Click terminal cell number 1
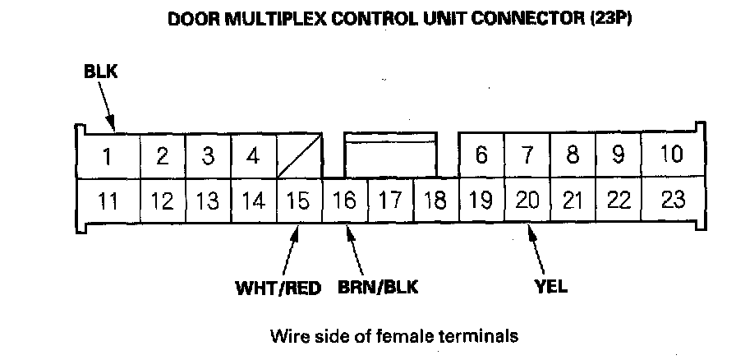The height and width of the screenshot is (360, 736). coord(108,155)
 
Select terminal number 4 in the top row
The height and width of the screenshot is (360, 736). coord(253,155)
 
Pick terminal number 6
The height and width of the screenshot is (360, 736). coord(481,155)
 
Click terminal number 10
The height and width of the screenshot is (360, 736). coord(672,155)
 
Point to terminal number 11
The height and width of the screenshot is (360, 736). coord(108,200)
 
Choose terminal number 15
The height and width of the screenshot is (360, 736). coord(299,200)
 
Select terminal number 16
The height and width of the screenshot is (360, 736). coord(345,200)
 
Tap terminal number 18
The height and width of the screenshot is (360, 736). coord(435,200)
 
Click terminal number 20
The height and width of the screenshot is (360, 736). coord(527,200)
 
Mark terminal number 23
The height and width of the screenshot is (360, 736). coord(672,200)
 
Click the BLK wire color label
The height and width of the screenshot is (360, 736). coord(101,72)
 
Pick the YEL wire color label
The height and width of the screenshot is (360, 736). coord(550,288)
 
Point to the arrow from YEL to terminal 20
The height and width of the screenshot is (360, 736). coord(538,251)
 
